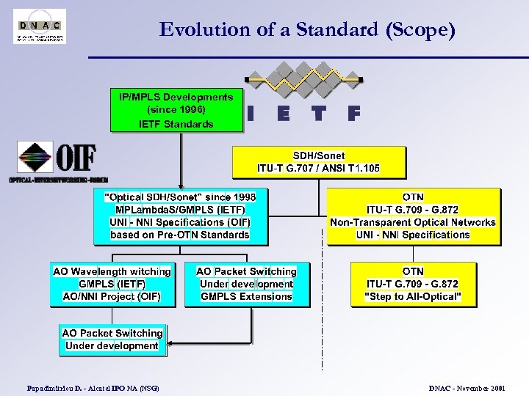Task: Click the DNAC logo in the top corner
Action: (40, 26)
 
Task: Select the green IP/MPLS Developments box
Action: (176, 110)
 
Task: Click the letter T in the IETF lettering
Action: (317, 114)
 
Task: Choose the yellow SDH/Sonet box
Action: (319, 162)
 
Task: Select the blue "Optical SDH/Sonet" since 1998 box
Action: (180, 216)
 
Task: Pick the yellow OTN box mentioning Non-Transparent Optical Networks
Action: (413, 216)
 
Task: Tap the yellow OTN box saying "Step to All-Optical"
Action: (412, 284)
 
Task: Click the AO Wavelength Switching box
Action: (112, 284)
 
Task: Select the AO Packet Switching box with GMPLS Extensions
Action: (246, 284)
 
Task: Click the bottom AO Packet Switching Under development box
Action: (112, 340)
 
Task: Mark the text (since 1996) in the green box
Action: (176, 110)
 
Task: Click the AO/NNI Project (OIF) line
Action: (112, 296)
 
